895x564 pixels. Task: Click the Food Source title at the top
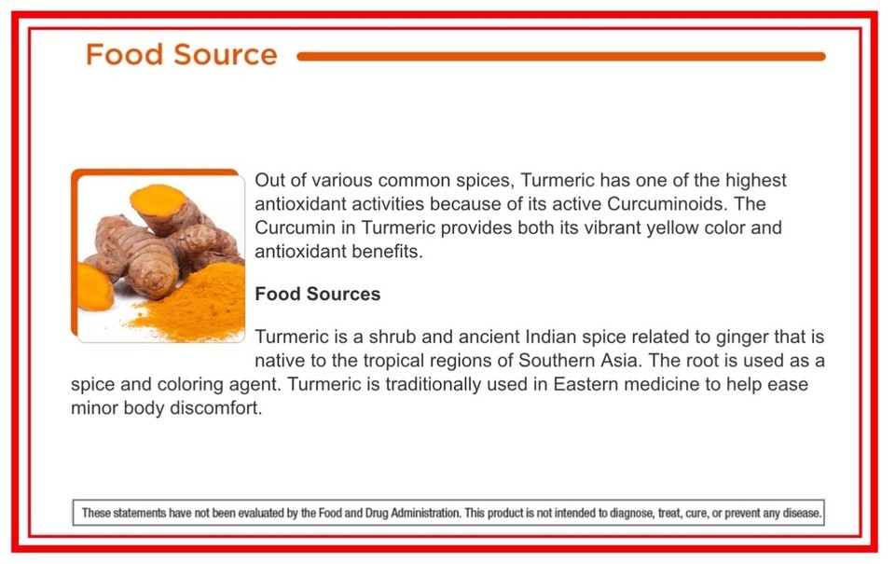tap(182, 55)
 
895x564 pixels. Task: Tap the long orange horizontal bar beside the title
tap(561, 57)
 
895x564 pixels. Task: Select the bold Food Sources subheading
tap(317, 294)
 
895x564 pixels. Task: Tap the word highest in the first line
tap(756, 181)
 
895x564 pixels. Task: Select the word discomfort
tap(215, 408)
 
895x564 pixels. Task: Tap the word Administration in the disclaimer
tap(425, 513)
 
